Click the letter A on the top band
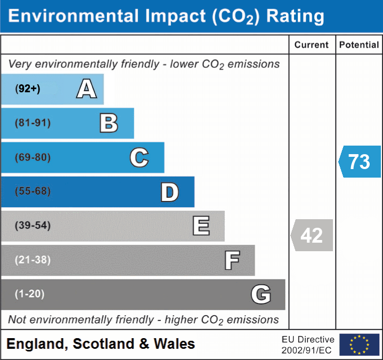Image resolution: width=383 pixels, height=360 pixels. click(x=87, y=89)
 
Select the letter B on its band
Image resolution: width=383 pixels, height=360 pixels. click(x=109, y=123)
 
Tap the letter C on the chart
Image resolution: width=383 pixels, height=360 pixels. click(x=139, y=157)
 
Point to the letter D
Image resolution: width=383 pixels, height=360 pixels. click(x=169, y=192)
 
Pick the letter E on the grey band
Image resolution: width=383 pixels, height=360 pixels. click(x=201, y=226)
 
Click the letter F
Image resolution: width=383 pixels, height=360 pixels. click(x=232, y=260)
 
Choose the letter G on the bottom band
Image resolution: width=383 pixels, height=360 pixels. click(x=261, y=294)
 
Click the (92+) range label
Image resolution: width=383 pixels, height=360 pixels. click(x=28, y=89)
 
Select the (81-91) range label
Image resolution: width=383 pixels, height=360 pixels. click(x=33, y=123)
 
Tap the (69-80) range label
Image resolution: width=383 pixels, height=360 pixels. click(x=33, y=158)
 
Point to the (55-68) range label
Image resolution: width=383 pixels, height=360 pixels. click(x=33, y=191)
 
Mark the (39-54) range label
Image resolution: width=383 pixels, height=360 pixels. click(x=33, y=226)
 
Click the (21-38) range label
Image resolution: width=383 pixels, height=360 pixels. click(x=33, y=260)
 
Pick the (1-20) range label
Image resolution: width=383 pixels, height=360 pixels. click(x=30, y=294)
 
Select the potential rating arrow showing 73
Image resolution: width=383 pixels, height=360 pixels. click(x=360, y=161)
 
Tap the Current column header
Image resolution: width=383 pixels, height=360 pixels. click(x=312, y=45)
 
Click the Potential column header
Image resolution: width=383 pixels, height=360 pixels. click(x=359, y=45)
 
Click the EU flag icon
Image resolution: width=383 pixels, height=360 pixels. click(x=359, y=345)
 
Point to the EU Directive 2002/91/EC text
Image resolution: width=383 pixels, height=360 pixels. click(x=308, y=345)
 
